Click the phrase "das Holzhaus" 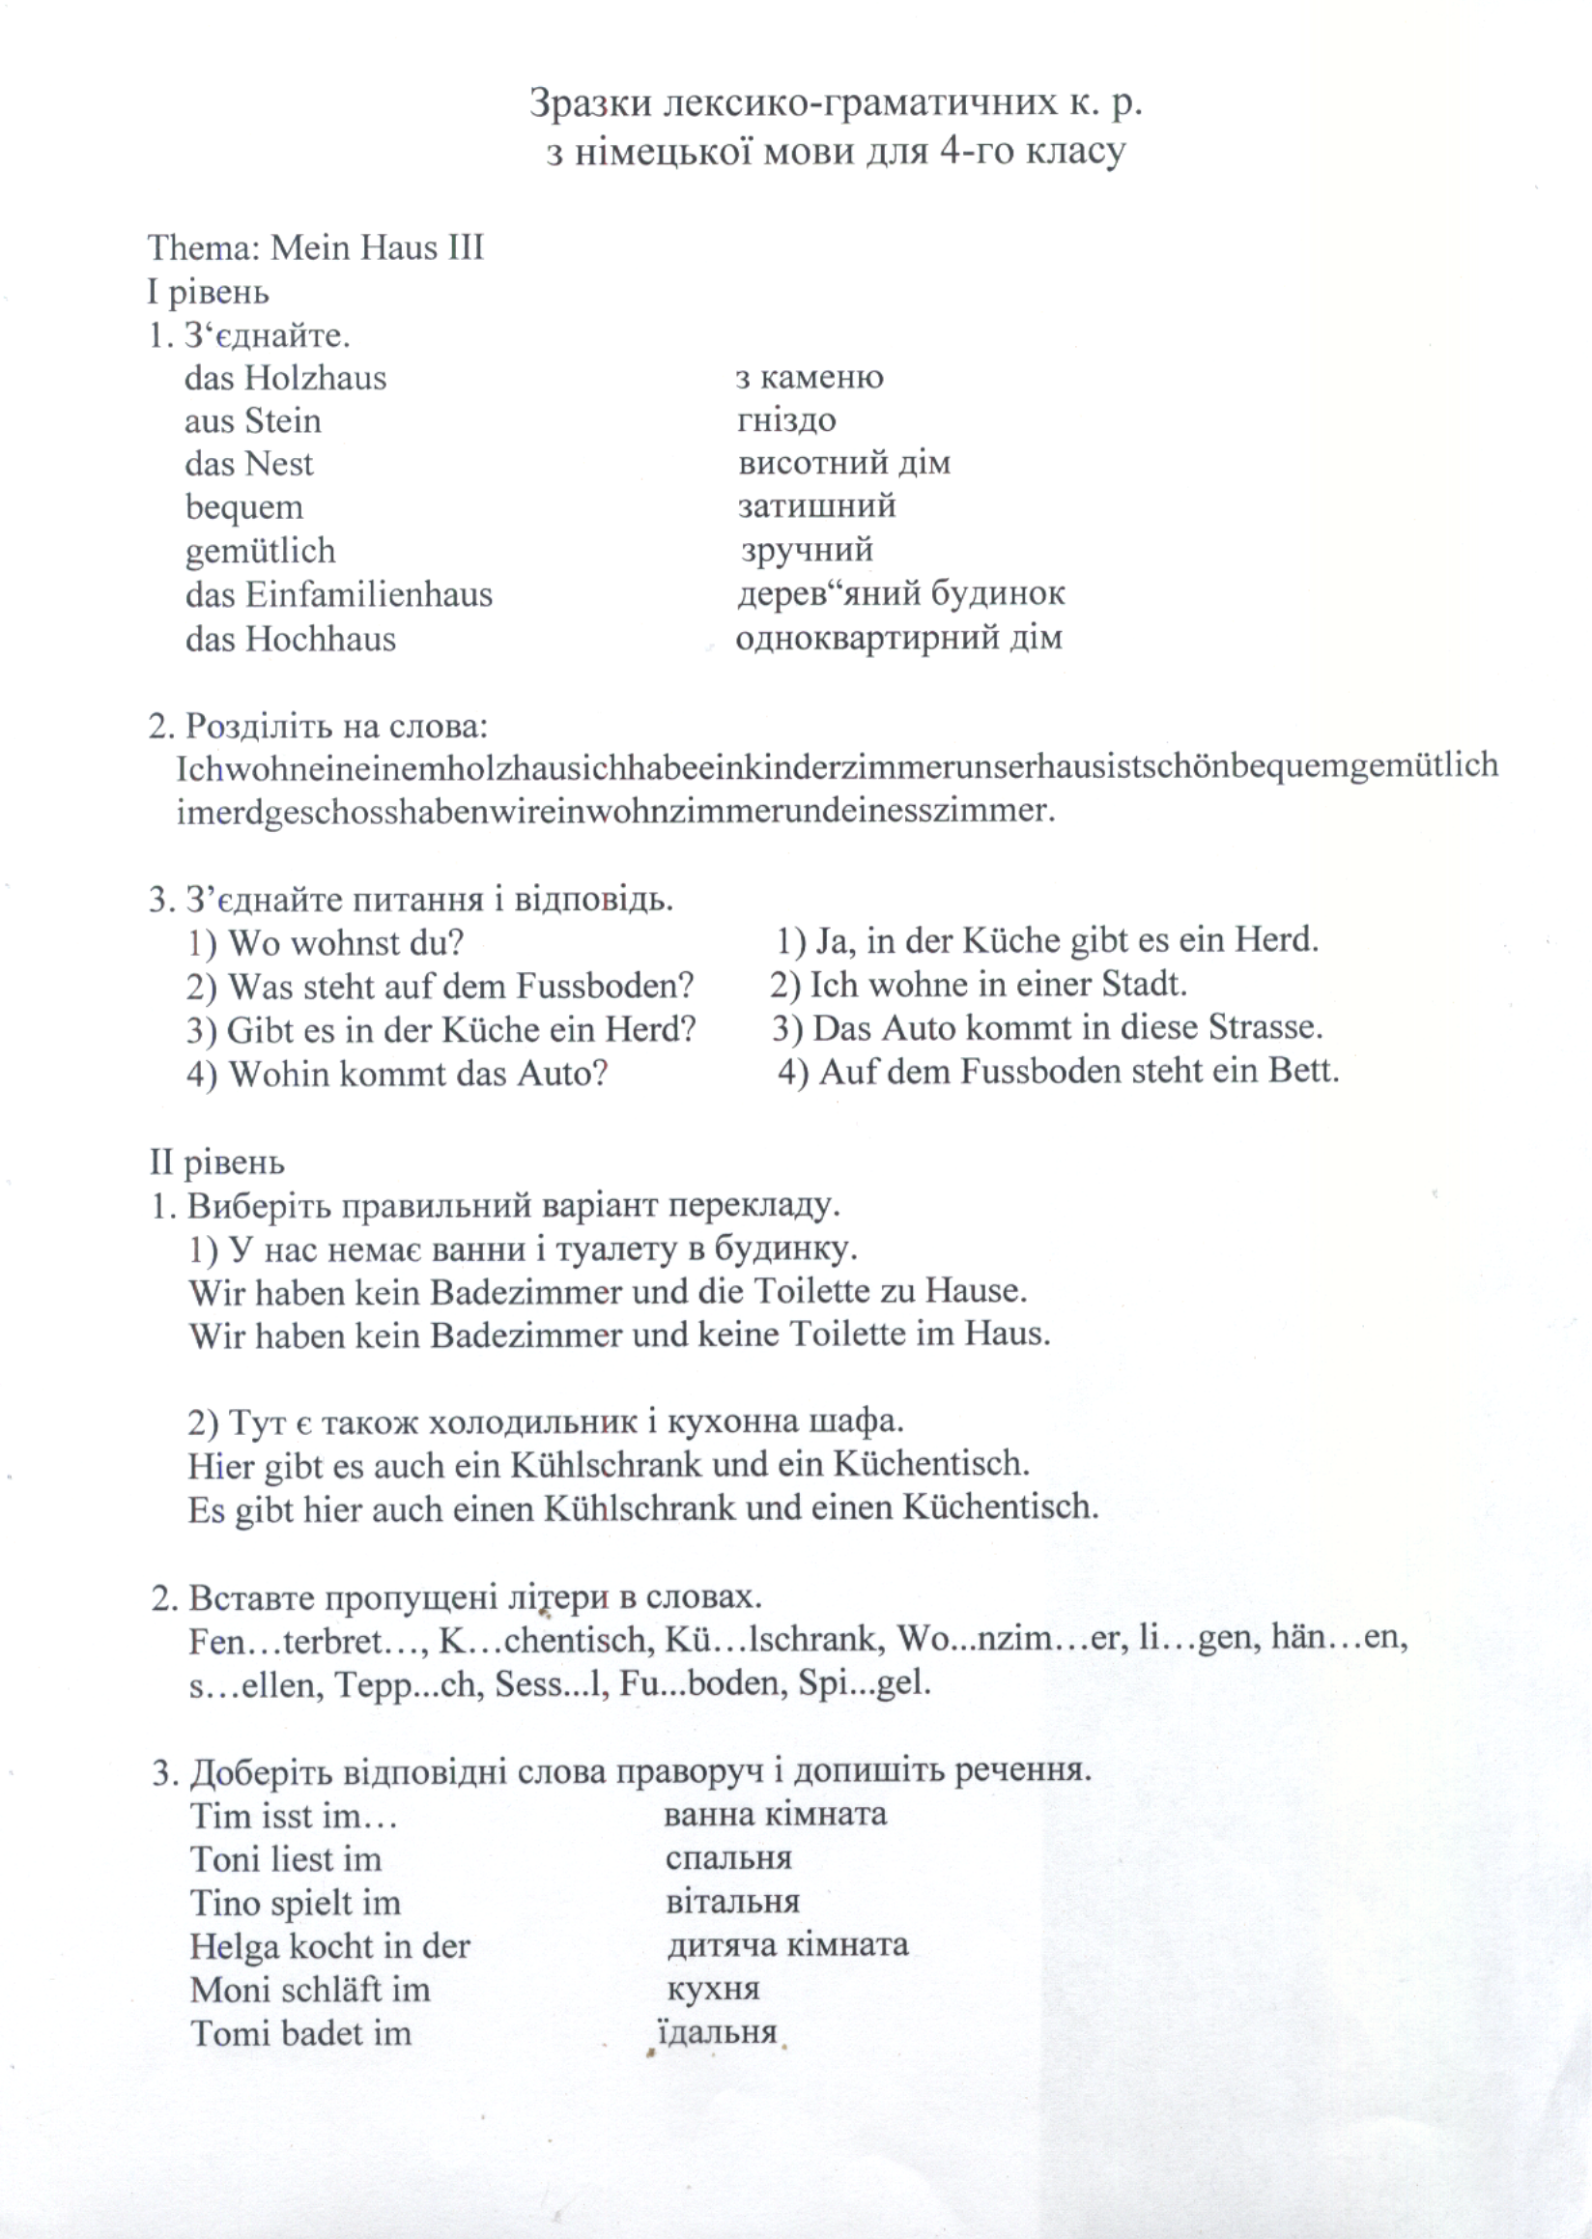pyautogui.click(x=285, y=379)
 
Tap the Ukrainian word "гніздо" pyautogui.click(x=786, y=420)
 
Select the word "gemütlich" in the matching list pyautogui.click(x=260, y=551)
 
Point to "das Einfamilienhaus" pyautogui.click(x=338, y=595)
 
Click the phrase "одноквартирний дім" pyautogui.click(x=898, y=639)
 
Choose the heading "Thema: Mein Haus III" pyautogui.click(x=316, y=248)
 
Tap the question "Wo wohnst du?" pyautogui.click(x=326, y=943)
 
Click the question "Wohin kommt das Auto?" pyautogui.click(x=397, y=1074)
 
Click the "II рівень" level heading pyautogui.click(x=216, y=1163)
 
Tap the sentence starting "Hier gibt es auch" pyautogui.click(x=609, y=1465)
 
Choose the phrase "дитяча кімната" pyautogui.click(x=788, y=1945)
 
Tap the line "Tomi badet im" pyautogui.click(x=301, y=2033)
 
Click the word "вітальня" pyautogui.click(x=732, y=1902)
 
